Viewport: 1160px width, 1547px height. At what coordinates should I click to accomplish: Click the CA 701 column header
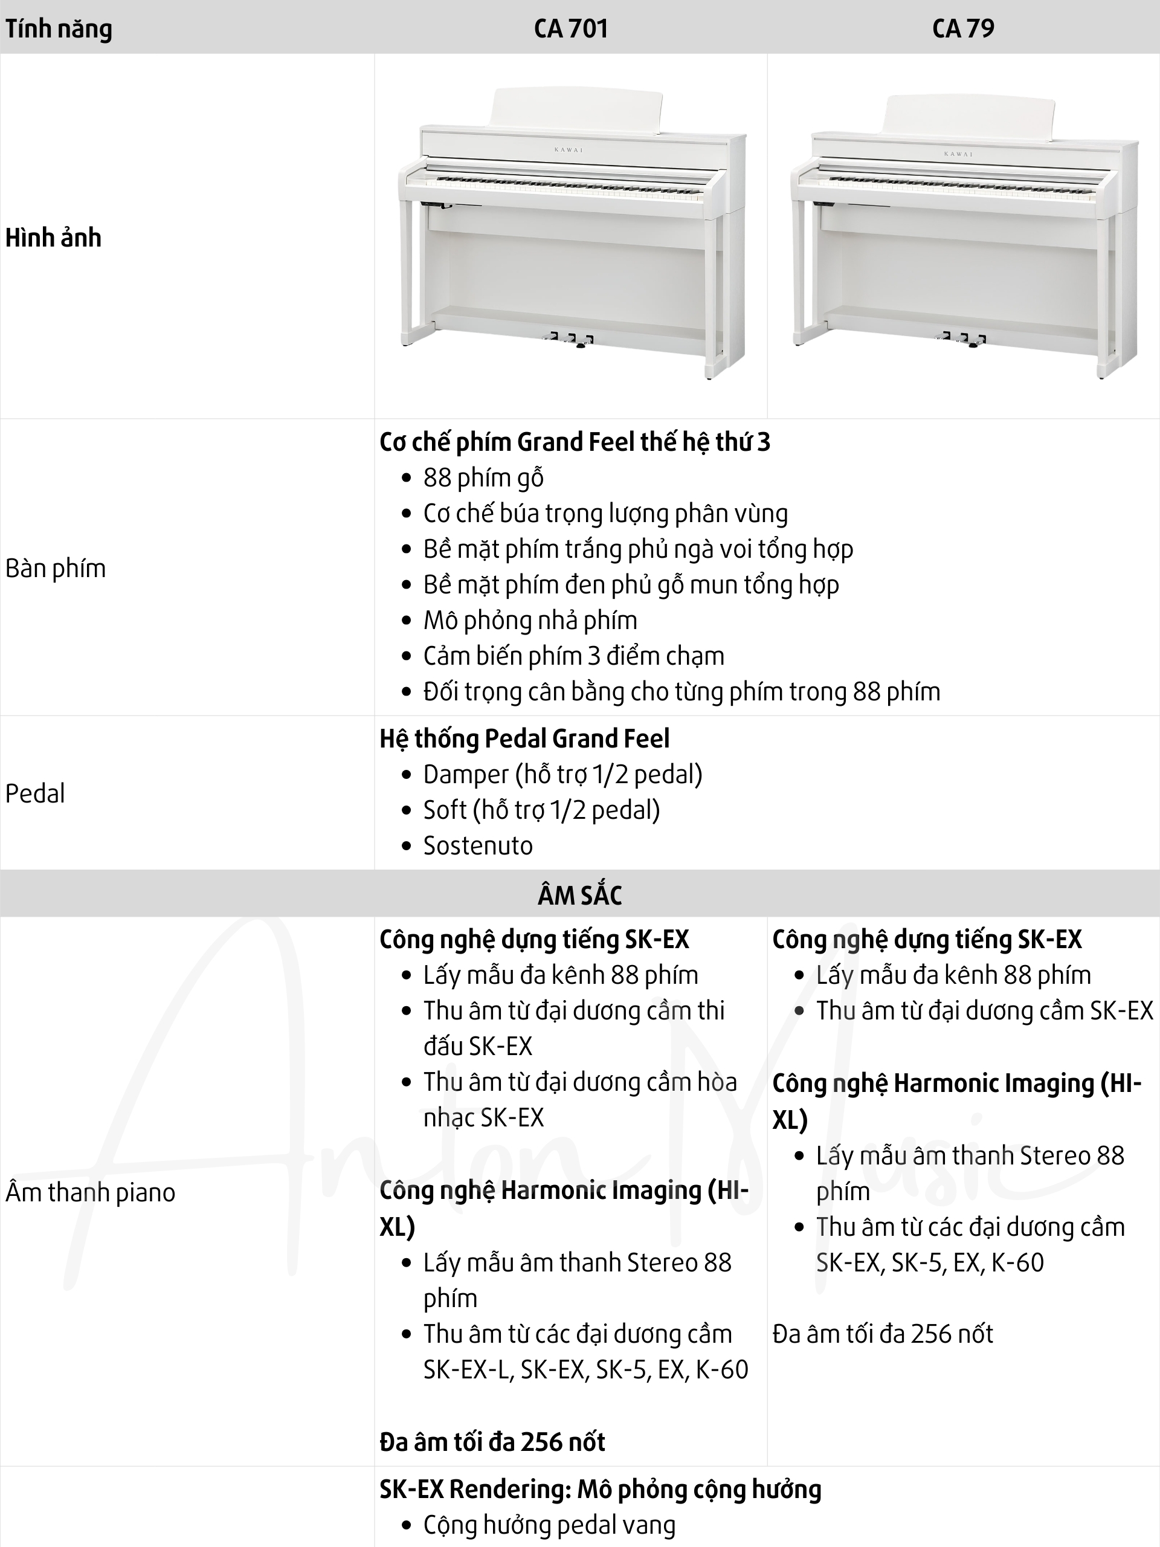tap(570, 28)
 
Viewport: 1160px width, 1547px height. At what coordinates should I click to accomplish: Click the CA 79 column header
tap(963, 28)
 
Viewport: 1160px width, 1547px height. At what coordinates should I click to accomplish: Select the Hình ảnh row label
tap(53, 237)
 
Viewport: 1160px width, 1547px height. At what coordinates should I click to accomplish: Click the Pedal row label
tap(35, 793)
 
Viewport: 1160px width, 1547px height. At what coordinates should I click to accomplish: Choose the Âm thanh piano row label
tap(90, 1192)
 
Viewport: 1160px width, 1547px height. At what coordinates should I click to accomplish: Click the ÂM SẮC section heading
tap(579, 895)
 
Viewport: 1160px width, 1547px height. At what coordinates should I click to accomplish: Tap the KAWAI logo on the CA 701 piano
tap(569, 150)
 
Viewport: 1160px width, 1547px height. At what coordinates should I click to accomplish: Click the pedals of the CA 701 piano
tap(570, 340)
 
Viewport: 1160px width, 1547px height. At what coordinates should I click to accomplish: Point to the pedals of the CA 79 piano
tap(964, 340)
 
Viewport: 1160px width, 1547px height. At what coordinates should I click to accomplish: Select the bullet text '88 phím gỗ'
tap(483, 477)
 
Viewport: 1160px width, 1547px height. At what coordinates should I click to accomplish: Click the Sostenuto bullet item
tap(477, 845)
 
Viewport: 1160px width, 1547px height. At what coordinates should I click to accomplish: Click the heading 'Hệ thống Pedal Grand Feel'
tap(524, 738)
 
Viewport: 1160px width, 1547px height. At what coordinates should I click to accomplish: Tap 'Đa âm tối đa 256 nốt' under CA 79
tap(883, 1334)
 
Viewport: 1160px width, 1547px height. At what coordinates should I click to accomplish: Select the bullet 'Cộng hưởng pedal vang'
tap(549, 1525)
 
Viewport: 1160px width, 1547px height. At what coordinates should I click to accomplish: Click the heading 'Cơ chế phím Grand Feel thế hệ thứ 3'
tap(575, 442)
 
